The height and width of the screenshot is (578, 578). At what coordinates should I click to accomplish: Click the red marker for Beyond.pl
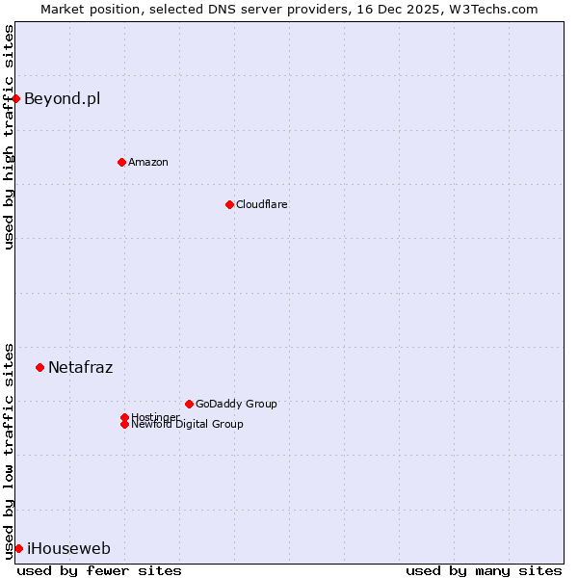click(16, 98)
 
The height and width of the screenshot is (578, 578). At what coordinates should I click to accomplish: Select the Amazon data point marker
click(121, 162)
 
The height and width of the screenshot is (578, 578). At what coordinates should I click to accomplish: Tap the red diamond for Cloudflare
click(229, 204)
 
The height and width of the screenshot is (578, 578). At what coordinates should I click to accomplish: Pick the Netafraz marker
click(39, 367)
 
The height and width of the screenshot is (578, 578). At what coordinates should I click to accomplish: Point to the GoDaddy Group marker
click(189, 404)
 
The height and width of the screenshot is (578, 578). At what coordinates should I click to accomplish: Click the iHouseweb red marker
click(18, 548)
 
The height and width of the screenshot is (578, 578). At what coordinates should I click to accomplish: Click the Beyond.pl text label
click(62, 98)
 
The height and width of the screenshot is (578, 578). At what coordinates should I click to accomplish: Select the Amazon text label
click(148, 162)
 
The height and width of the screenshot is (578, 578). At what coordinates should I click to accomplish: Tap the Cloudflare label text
click(262, 204)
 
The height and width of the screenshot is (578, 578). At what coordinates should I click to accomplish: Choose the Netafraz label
click(81, 367)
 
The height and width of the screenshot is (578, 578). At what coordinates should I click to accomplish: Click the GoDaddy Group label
click(236, 404)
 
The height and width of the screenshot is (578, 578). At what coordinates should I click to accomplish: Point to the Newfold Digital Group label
click(188, 425)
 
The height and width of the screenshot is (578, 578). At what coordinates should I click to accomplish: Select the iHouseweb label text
click(68, 549)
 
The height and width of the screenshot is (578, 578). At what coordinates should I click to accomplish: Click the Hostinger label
click(155, 416)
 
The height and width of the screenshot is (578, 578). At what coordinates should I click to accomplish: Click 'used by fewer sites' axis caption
click(99, 570)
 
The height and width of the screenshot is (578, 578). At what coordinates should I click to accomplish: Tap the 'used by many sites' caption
click(484, 570)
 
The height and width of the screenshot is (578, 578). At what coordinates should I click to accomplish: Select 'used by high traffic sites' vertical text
click(9, 137)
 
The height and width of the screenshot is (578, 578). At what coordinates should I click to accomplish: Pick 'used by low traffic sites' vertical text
click(9, 451)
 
